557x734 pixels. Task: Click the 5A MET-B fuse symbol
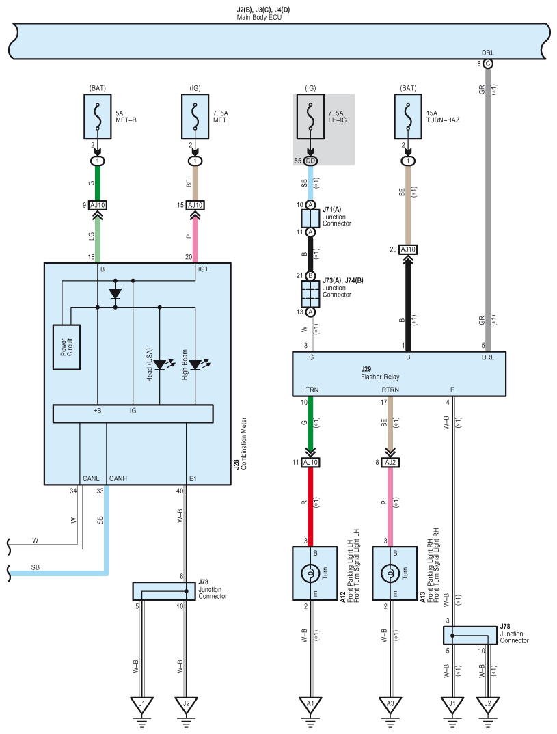pos(97,117)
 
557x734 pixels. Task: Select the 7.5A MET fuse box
pos(195,117)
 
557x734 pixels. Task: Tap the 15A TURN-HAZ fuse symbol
pos(408,117)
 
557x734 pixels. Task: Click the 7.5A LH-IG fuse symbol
pos(310,117)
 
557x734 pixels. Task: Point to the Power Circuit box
pos(66,347)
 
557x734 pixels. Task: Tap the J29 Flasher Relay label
pos(379,373)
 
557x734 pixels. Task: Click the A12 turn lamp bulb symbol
pos(310,573)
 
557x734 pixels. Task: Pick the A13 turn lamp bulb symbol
pos(390,573)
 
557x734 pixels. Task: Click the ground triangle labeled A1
pos(310,705)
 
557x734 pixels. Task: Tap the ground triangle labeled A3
pos(390,705)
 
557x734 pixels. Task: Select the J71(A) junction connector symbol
pos(310,219)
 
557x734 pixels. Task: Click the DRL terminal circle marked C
pos(488,64)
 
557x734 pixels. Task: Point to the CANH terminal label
pos(118,478)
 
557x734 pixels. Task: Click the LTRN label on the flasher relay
pos(310,390)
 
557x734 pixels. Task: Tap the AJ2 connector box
pos(390,463)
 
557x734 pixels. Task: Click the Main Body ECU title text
pos(259,17)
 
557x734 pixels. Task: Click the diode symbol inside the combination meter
pos(115,294)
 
